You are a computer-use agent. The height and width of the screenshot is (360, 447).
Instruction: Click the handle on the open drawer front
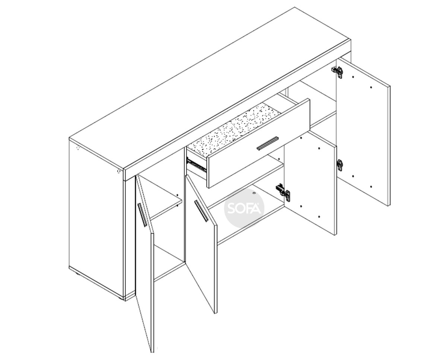coord(267,143)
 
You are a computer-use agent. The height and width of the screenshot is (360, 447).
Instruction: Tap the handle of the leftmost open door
coord(143,215)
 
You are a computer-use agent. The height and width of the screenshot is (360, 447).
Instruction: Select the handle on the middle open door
coord(201,211)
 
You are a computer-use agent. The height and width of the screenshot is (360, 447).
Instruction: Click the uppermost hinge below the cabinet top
coord(337,72)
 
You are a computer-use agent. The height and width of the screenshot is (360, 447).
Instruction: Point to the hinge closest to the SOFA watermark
coord(283,192)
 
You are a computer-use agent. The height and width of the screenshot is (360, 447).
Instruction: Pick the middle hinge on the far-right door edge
coord(340,165)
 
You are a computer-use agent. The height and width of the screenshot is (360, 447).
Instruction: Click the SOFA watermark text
coord(244,208)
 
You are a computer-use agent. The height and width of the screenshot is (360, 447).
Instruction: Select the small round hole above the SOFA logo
coord(254,193)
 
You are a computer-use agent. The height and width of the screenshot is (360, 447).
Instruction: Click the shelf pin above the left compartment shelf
coord(177,195)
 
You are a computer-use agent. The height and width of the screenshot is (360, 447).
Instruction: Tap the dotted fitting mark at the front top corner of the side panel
coord(119,171)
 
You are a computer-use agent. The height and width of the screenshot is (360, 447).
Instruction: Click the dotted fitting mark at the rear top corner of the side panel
coord(78,148)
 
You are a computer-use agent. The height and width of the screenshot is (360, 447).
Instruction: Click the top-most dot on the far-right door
coord(353,77)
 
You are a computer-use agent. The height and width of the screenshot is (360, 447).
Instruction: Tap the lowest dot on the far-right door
coord(371,187)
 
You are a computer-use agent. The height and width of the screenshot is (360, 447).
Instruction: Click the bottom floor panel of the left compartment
coord(169,263)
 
